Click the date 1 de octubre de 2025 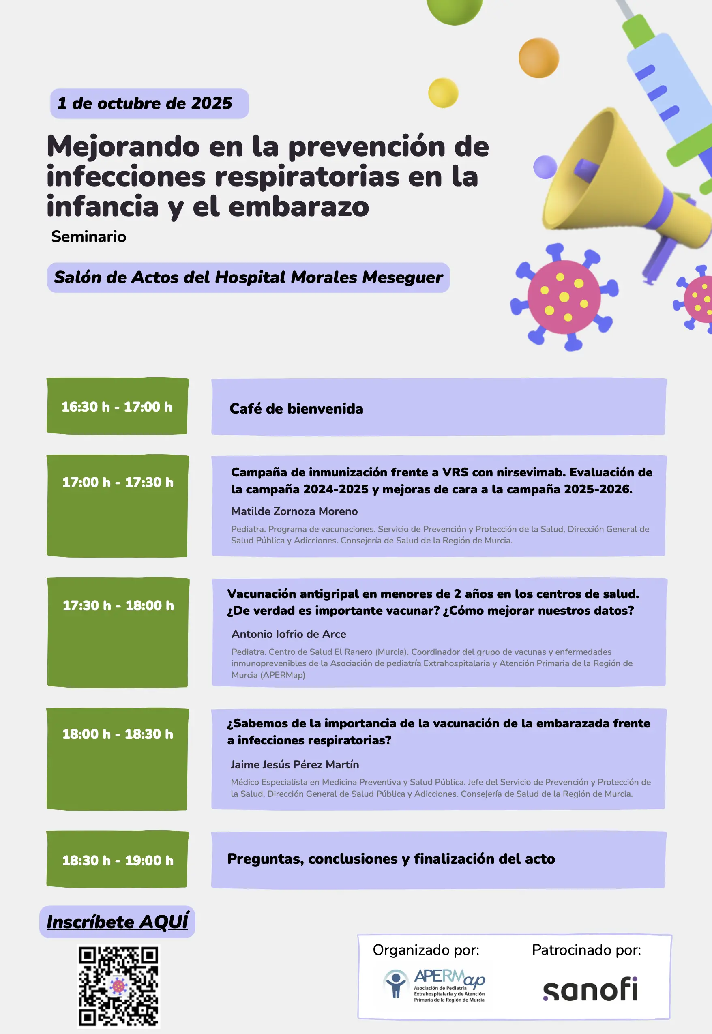click(x=144, y=103)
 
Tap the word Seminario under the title click(x=89, y=236)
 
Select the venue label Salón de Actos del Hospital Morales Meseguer click(x=249, y=277)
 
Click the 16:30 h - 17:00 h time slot click(x=117, y=407)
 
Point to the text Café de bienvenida click(x=296, y=409)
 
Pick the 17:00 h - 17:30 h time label click(x=118, y=482)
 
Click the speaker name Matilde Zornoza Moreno click(x=294, y=511)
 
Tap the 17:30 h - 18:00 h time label click(x=118, y=605)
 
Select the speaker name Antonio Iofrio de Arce click(x=289, y=634)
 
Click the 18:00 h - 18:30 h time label click(x=118, y=734)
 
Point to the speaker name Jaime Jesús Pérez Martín click(x=294, y=765)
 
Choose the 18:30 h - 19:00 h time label click(x=118, y=860)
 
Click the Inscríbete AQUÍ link click(x=118, y=922)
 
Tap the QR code click(x=119, y=987)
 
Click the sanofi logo click(x=590, y=989)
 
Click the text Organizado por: click(x=426, y=950)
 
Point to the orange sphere click(x=538, y=58)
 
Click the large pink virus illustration click(x=564, y=297)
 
